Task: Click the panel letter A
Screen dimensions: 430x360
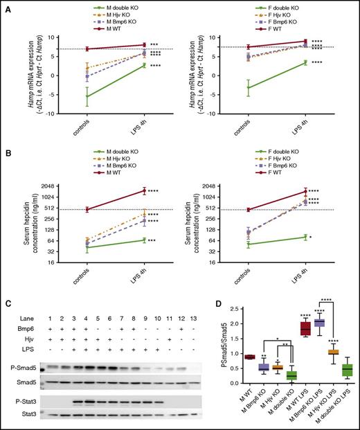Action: coord(6,6)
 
